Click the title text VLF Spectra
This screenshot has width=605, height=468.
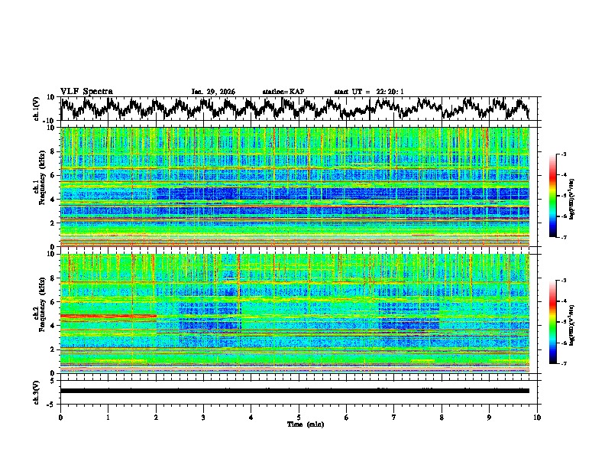86,91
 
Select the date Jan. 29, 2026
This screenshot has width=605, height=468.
213,92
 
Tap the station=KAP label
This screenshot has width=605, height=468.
283,92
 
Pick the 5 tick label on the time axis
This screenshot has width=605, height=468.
299,417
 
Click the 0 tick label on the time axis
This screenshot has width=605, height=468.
60,417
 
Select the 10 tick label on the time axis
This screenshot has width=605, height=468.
537,417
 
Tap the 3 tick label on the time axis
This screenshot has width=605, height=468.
203,417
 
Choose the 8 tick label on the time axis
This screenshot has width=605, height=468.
442,417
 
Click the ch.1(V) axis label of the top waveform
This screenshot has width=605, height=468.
37,109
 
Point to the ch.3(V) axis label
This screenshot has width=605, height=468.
37,391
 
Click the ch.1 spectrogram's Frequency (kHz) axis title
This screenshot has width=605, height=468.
37,187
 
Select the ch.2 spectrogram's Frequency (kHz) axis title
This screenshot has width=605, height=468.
37,313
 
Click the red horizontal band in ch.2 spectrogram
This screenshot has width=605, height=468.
108,316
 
